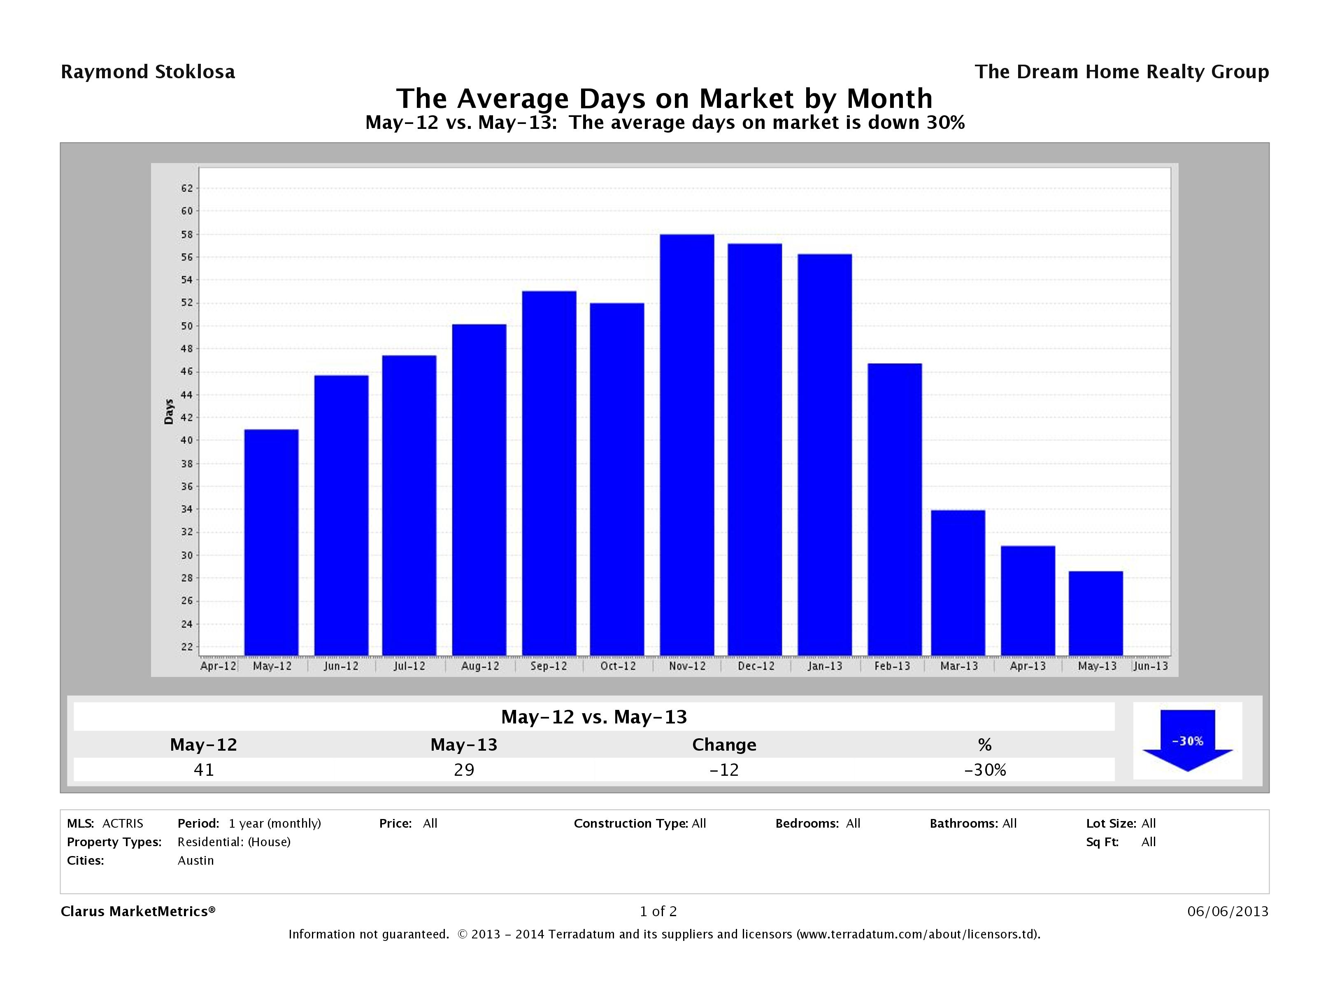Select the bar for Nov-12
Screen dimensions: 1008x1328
[x=687, y=445]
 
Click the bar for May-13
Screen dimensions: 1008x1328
[x=1095, y=613]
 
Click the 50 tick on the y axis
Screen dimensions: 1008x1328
[x=187, y=326]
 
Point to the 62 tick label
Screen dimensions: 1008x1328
[x=187, y=189]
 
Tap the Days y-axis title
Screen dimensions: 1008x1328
[x=169, y=412]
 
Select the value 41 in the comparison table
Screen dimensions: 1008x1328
[x=204, y=770]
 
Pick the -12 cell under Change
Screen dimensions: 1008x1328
[x=724, y=770]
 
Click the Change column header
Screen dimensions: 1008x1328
[x=724, y=745]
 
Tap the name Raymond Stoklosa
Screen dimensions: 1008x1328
[x=148, y=72]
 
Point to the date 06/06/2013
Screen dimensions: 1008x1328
[x=1228, y=911]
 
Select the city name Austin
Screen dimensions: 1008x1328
[x=196, y=860]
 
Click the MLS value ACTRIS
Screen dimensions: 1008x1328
[x=123, y=823]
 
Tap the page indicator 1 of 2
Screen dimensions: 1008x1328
[x=658, y=911]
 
